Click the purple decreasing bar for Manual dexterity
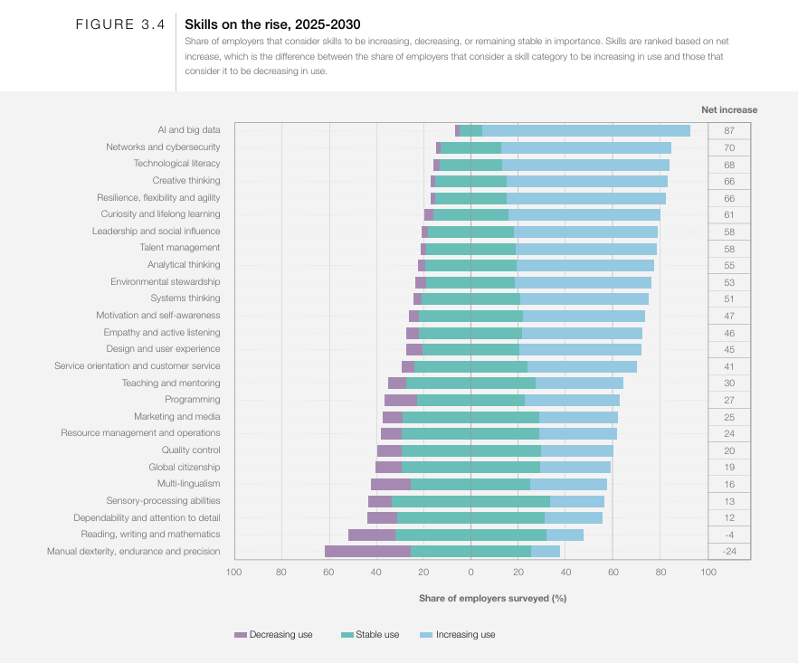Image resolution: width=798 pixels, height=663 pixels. (x=367, y=552)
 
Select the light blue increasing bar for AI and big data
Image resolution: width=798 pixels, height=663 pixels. (x=586, y=130)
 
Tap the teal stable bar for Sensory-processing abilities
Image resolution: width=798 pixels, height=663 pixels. (x=470, y=501)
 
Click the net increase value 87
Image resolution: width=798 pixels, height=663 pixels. (x=728, y=130)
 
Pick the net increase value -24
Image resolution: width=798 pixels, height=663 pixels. (x=728, y=552)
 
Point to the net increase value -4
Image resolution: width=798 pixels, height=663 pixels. (x=728, y=535)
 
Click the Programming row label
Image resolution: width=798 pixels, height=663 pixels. (x=192, y=400)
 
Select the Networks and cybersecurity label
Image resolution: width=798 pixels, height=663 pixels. (x=163, y=147)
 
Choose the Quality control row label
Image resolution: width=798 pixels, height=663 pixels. (x=191, y=450)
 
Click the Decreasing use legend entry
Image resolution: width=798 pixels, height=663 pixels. (x=274, y=635)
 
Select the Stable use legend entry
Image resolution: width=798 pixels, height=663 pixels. (x=370, y=635)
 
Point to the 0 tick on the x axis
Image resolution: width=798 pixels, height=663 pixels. (x=470, y=572)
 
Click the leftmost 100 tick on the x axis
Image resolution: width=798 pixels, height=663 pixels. (x=233, y=572)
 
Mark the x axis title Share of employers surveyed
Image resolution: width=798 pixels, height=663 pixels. (x=492, y=598)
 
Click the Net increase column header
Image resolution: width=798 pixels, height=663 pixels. (x=729, y=109)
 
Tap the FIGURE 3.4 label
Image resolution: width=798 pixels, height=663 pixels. (x=120, y=25)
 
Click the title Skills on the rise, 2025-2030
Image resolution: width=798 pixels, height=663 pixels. (x=272, y=24)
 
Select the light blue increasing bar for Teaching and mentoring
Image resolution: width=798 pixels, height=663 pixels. (x=579, y=384)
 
